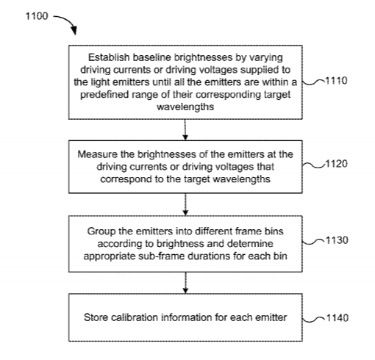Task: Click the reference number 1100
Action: point(37,16)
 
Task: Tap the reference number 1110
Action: point(336,81)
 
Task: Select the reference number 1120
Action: point(337,164)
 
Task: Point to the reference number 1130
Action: point(337,240)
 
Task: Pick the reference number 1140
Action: point(337,318)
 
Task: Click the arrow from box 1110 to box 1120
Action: point(185,130)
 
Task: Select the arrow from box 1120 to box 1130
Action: point(185,204)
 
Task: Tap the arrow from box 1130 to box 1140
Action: point(185,283)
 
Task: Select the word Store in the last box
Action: point(96,317)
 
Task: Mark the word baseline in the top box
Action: point(152,57)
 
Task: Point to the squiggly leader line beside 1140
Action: point(314,319)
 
